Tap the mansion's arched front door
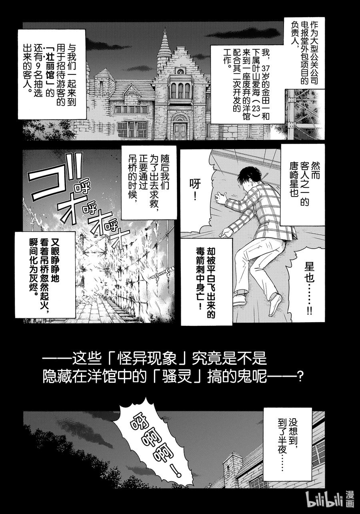180,128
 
